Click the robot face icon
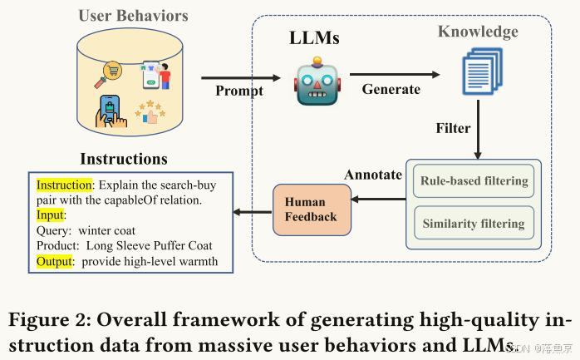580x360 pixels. coord(317,81)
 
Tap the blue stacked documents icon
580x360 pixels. coord(482,71)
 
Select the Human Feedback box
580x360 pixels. coord(312,210)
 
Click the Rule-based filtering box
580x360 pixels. coord(474,181)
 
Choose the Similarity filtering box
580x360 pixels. coord(474,223)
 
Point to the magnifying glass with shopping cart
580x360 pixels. coord(108,74)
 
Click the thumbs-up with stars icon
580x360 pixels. coord(150,111)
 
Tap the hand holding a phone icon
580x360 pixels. coord(111,111)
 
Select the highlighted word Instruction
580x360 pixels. coord(64,185)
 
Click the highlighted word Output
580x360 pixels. coord(54,261)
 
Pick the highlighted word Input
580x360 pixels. coord(50,215)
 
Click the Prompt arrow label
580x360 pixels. coord(239,91)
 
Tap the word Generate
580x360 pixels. coord(391,89)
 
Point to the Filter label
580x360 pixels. coord(453,128)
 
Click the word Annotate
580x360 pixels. coord(373,175)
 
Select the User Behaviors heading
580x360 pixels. coord(133,16)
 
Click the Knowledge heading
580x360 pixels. coord(478,32)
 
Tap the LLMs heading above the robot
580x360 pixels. coord(314,37)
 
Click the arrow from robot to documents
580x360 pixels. coord(395,74)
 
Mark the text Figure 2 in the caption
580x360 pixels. coord(51,319)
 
